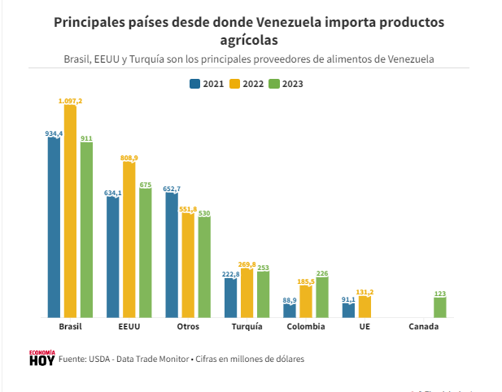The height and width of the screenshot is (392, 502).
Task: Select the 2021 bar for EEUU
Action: coord(113,256)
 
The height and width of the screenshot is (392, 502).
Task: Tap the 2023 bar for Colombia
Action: coord(322,297)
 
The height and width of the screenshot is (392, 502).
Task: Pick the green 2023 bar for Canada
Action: coord(439,307)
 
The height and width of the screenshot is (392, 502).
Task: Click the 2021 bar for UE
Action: coord(348,310)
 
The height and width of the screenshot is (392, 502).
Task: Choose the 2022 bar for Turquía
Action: coord(247,293)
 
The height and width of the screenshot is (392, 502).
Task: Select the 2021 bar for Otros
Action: coord(172,255)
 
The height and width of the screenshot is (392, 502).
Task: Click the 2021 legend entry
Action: coord(207,84)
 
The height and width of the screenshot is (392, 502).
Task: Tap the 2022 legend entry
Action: coord(247,84)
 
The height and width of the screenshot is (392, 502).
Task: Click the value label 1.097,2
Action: coord(70,100)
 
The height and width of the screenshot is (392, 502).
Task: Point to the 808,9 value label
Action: coord(129,158)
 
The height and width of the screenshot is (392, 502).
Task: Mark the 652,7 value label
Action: coord(172,189)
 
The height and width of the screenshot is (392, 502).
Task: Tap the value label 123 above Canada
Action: coord(439,294)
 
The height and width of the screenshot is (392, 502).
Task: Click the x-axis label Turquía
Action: coord(247,327)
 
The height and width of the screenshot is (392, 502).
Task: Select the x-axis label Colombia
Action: coord(306,327)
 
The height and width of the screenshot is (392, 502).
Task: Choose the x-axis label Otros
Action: coord(188,327)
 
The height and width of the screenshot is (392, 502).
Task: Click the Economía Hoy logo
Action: coord(41,357)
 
